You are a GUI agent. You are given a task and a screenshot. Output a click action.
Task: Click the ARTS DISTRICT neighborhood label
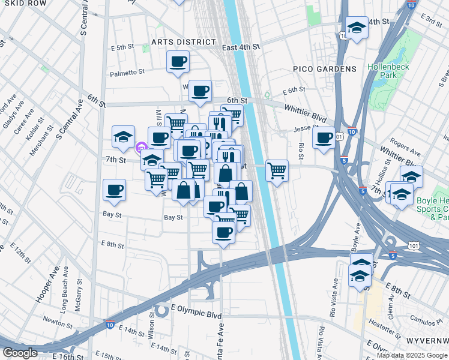click(x=183, y=42)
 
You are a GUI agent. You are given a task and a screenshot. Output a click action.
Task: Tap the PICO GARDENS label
click(x=324, y=70)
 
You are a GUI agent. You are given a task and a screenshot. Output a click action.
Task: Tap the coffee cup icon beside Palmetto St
click(x=178, y=61)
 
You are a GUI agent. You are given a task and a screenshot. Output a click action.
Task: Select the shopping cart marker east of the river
click(x=277, y=170)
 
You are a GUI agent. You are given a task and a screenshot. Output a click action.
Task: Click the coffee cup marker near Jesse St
click(x=324, y=137)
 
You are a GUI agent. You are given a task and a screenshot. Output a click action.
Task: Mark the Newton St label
click(x=54, y=321)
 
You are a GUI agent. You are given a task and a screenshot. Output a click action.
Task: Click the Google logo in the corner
click(x=20, y=353)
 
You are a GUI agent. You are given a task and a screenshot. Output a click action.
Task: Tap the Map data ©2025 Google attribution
click(x=412, y=355)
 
